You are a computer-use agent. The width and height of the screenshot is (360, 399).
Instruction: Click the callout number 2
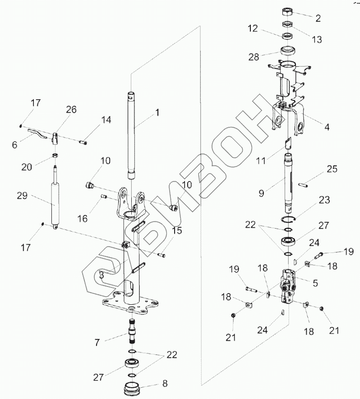pyautogui.click(x=318, y=18)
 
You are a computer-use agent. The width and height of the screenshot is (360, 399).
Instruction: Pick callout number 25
pyautogui.click(x=332, y=169)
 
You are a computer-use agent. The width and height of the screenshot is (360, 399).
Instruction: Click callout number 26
pyautogui.click(x=71, y=109)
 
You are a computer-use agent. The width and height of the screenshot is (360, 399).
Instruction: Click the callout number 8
pyautogui.click(x=164, y=385)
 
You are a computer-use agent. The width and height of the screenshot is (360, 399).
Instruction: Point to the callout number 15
pyautogui.click(x=177, y=231)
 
